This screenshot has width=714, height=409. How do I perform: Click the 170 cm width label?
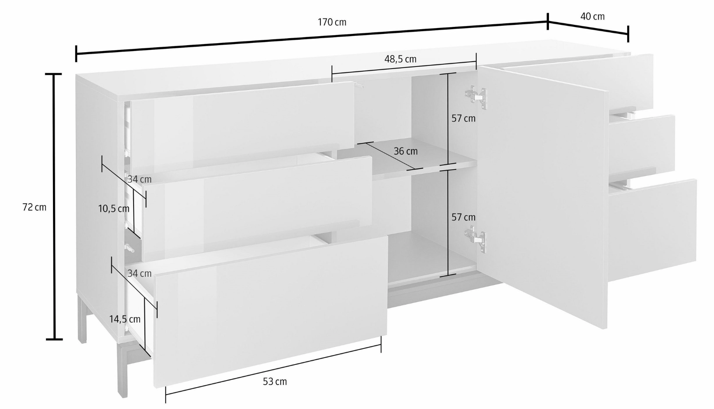[x=332, y=22]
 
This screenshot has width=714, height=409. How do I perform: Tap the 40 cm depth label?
[x=593, y=16]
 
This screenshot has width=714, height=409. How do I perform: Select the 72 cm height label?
[x=34, y=207]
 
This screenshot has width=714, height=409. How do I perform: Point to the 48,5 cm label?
[x=400, y=59]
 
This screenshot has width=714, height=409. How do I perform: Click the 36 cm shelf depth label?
[x=405, y=151]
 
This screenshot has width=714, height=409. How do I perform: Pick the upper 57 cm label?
[x=463, y=118]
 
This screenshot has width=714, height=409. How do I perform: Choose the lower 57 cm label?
[x=463, y=217]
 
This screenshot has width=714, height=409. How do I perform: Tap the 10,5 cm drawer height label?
[x=114, y=209]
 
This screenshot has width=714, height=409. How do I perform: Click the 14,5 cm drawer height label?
[x=125, y=319]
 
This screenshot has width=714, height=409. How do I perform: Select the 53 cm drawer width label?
[x=275, y=382]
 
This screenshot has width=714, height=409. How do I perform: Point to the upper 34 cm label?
[x=139, y=180]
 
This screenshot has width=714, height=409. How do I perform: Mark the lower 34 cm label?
[x=139, y=273]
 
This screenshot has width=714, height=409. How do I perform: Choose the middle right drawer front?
[x=642, y=144]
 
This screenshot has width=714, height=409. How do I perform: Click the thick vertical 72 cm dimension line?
[x=55, y=206]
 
